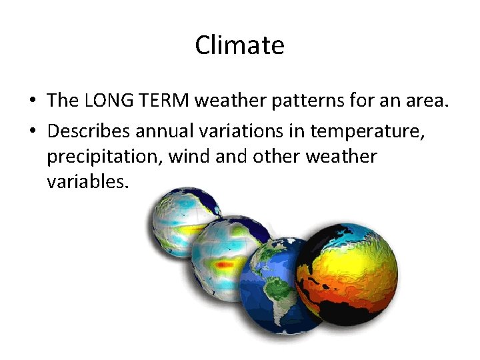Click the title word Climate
point(239,45)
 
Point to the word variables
point(86,181)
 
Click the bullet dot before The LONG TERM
point(32,101)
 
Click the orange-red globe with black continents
point(346,274)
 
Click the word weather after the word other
point(341,157)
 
